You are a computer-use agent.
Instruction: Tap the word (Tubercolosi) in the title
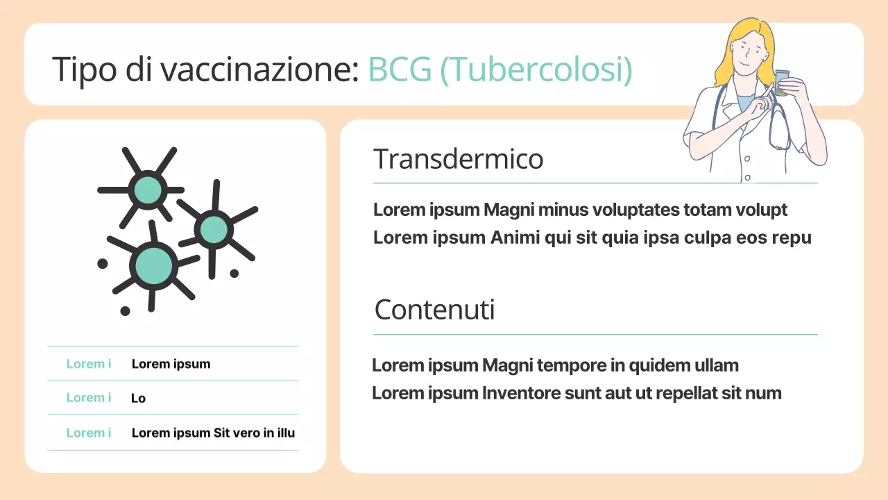[536, 70]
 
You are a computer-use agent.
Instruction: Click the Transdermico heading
[458, 159]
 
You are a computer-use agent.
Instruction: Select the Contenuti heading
[434, 310]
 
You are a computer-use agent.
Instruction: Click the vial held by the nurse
[782, 82]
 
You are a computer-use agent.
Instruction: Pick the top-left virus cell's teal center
[148, 190]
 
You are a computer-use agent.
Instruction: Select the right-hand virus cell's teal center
[214, 229]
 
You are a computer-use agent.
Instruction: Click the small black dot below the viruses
[125, 310]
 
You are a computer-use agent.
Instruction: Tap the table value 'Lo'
[138, 399]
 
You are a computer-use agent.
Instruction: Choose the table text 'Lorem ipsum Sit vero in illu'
[213, 433]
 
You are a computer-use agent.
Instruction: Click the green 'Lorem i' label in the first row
[89, 364]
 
